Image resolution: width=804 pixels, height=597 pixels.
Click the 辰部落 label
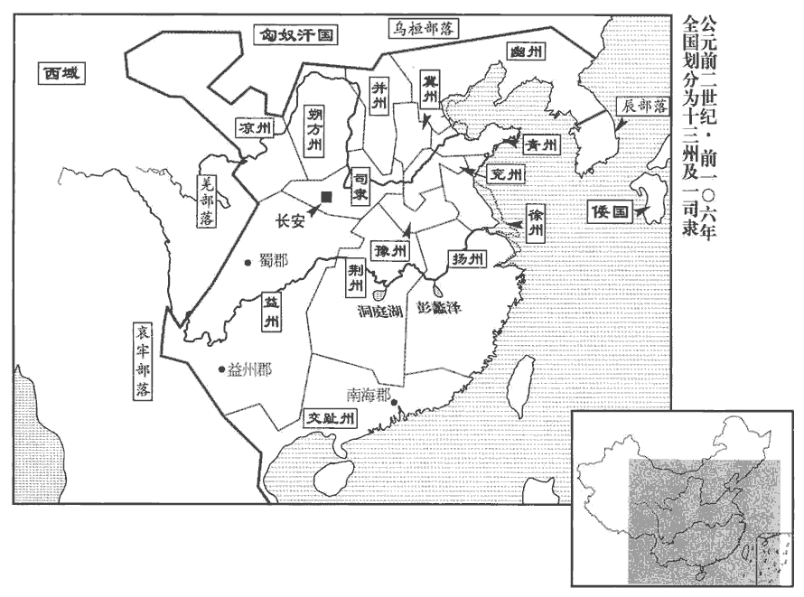click(642, 105)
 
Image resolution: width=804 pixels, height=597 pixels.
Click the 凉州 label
click(255, 128)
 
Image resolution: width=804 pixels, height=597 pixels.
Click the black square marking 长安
click(326, 196)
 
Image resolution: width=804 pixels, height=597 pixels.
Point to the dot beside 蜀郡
click(247, 263)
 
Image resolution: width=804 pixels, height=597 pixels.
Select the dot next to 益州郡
click(220, 368)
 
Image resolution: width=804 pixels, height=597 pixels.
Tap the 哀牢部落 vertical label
click(142, 361)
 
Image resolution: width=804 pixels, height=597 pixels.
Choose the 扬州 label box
click(467, 260)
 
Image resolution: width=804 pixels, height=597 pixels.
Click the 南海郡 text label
click(369, 395)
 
